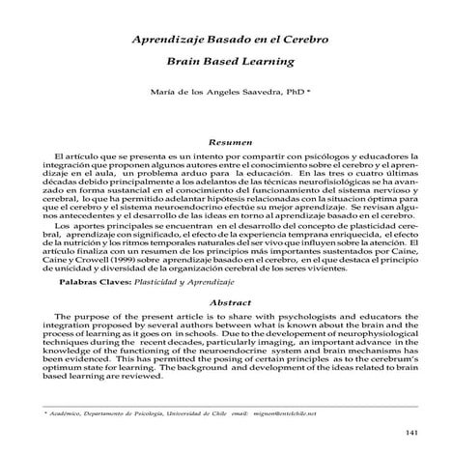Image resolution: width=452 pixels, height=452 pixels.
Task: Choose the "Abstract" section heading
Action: (225, 302)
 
